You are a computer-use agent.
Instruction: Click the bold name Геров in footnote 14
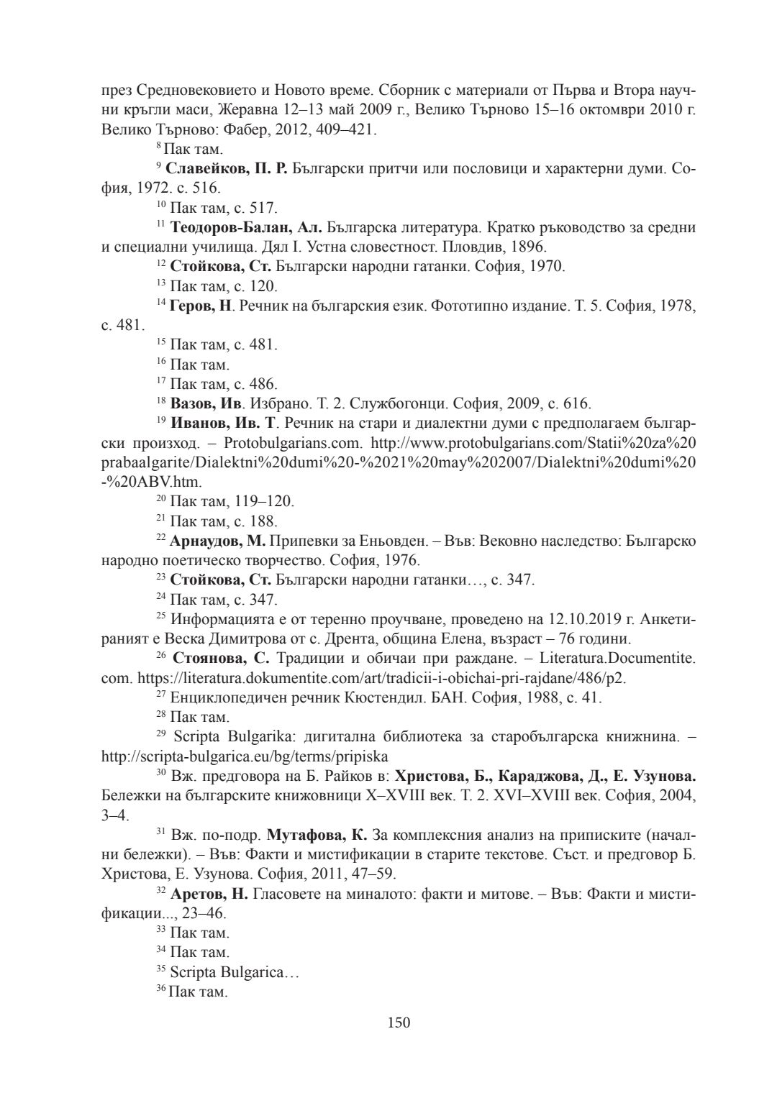[x=191, y=306]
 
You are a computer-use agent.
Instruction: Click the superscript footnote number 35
[x=161, y=970]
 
